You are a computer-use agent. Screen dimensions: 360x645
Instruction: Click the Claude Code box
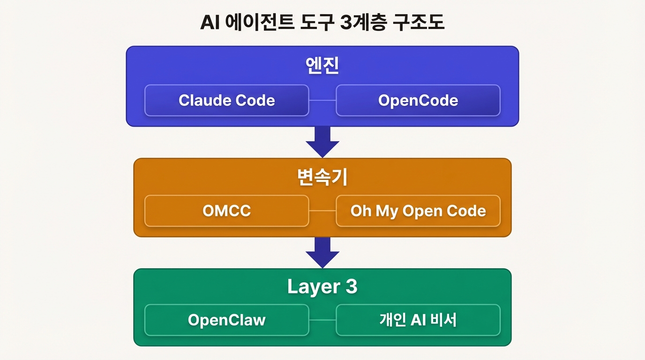point(226,100)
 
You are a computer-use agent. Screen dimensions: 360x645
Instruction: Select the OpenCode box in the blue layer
point(418,100)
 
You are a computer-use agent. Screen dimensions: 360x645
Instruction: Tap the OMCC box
point(226,211)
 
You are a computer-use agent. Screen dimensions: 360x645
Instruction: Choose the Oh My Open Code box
point(418,211)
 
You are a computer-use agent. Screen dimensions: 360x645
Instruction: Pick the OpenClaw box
point(226,320)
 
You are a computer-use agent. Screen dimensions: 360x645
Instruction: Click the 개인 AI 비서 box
point(418,320)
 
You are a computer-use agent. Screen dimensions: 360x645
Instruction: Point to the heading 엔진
point(322,67)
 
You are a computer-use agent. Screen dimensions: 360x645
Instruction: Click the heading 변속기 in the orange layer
point(322,178)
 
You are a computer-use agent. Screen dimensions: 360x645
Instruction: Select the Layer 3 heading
point(322,287)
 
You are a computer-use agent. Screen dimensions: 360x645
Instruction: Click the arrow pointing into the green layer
point(322,252)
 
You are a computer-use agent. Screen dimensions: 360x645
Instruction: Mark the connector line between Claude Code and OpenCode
point(322,100)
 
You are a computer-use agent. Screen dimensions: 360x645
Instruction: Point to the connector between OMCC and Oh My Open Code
point(322,211)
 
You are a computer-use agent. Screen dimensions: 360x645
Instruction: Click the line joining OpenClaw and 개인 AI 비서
point(322,320)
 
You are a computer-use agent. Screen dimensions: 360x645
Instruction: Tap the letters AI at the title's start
point(210,22)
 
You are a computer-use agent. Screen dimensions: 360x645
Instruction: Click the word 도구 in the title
point(314,22)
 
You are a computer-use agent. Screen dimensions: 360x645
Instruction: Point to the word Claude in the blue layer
point(204,100)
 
